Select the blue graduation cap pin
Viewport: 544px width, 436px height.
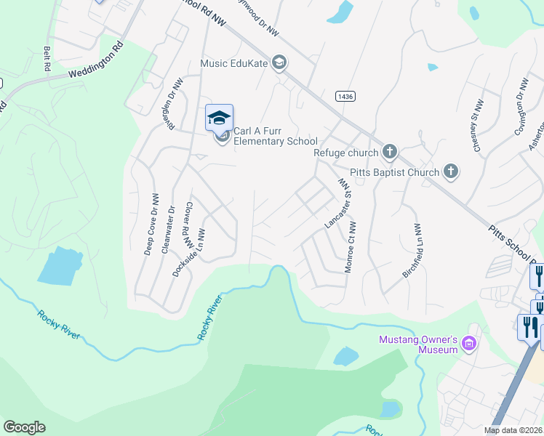point(219,118)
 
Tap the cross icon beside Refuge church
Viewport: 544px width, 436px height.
point(390,152)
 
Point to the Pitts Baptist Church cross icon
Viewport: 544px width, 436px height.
point(451,171)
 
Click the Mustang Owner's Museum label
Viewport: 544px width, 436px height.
point(417,344)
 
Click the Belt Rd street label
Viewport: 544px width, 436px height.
point(47,59)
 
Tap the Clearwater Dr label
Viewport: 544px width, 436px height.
point(168,228)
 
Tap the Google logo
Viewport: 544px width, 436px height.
point(25,427)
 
